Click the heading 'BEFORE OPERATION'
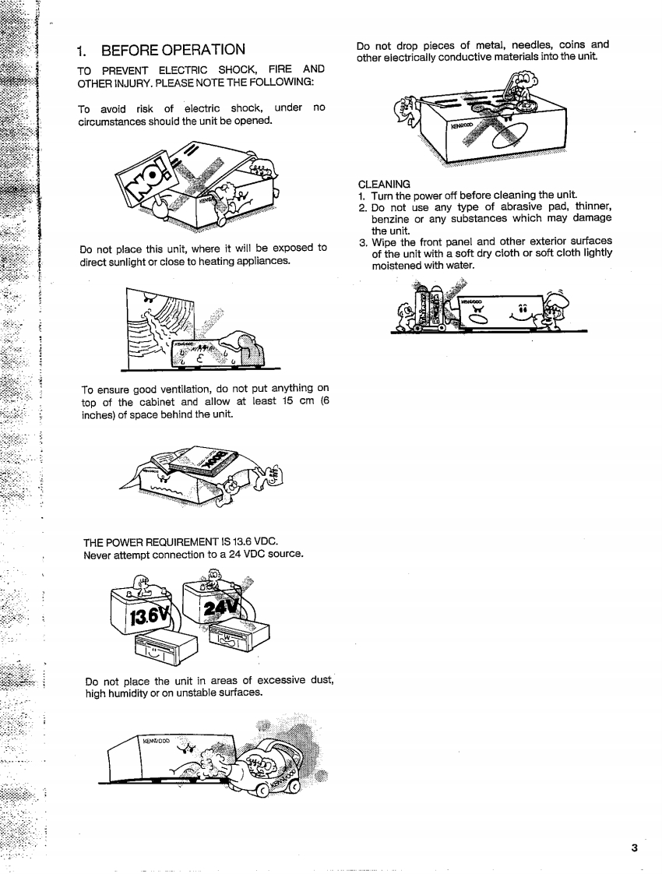click(173, 51)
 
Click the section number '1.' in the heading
click(82, 51)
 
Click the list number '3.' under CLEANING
click(363, 241)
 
